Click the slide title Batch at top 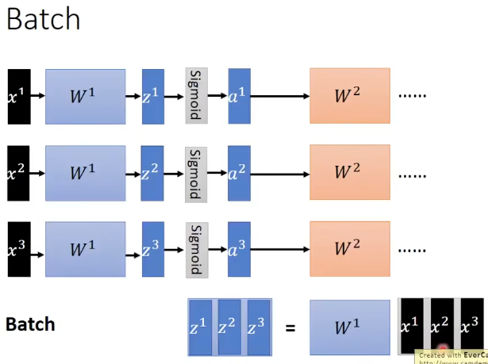43,19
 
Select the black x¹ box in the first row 19,96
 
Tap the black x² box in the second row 19,172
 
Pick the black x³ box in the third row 19,250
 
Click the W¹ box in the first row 85,96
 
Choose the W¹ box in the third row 85,250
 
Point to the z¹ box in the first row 152,96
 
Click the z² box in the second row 152,172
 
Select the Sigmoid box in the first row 196,96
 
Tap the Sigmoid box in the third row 196,250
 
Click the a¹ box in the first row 239,96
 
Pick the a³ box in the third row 239,250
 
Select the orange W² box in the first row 349,96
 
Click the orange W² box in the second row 349,172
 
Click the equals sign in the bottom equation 290,326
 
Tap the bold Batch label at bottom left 31,324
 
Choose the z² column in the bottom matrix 229,326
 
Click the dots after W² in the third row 412,250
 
